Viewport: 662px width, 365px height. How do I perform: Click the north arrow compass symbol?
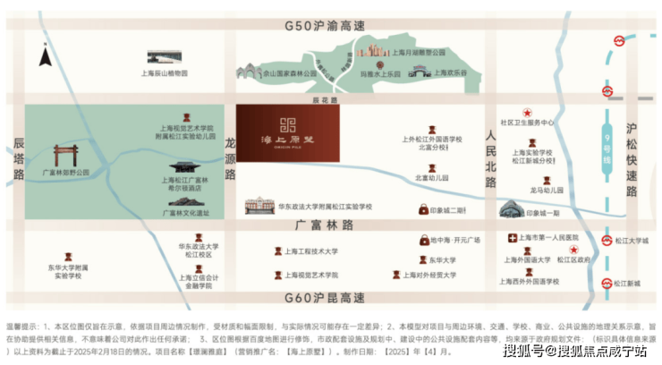[x=45, y=59]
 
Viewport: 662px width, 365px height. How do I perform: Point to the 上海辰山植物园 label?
[x=168, y=73]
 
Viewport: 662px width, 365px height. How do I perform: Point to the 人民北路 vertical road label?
[x=489, y=155]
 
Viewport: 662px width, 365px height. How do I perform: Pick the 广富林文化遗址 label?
[x=186, y=213]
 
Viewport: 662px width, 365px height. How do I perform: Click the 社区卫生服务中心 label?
[x=527, y=123]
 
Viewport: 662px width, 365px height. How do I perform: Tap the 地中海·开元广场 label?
[x=455, y=240]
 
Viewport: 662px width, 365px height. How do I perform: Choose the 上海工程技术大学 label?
[x=311, y=252]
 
